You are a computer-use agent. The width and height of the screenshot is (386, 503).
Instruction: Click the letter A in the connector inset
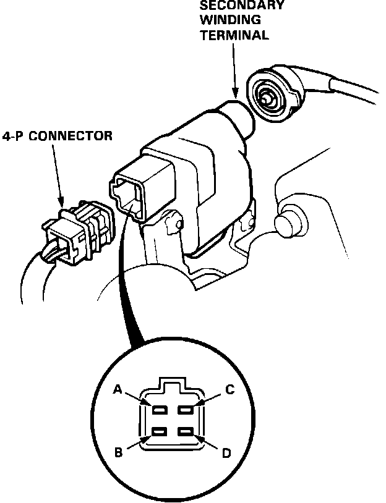[118, 390]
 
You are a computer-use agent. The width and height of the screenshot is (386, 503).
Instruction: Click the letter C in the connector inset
[229, 390]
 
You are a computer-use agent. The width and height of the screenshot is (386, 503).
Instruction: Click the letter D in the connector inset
[226, 454]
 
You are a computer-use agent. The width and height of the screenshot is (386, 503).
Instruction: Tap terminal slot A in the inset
[160, 410]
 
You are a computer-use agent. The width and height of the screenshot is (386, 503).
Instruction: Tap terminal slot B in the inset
[160, 432]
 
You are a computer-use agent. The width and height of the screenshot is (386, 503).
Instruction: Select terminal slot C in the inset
[185, 410]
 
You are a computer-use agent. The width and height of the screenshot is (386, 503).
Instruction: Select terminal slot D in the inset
[185, 432]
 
